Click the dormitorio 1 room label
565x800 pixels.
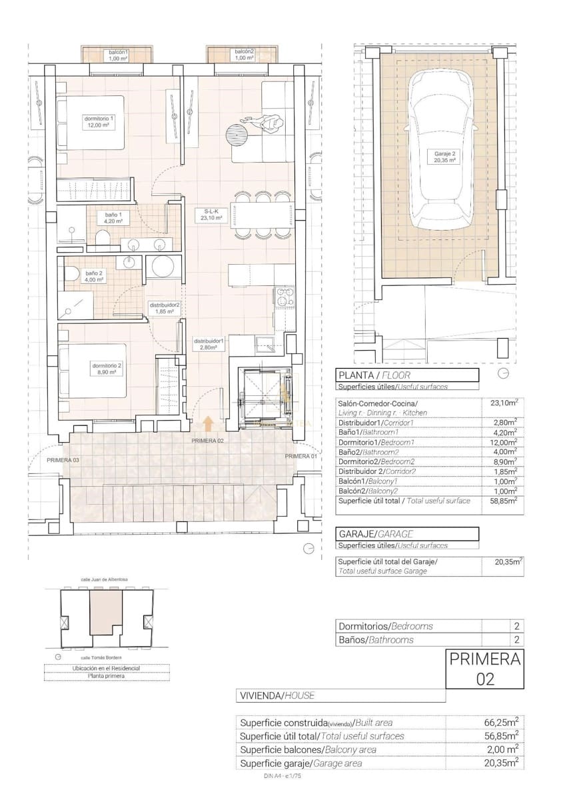[x=99, y=121]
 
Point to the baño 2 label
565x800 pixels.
[x=93, y=276]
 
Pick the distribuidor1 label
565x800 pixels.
[x=209, y=343]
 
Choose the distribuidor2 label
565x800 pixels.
[x=163, y=307]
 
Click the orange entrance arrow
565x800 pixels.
[x=208, y=423]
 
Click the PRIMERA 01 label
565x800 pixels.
[x=300, y=456]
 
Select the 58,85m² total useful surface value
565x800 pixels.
[x=502, y=501]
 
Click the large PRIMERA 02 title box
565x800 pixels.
[x=484, y=669]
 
